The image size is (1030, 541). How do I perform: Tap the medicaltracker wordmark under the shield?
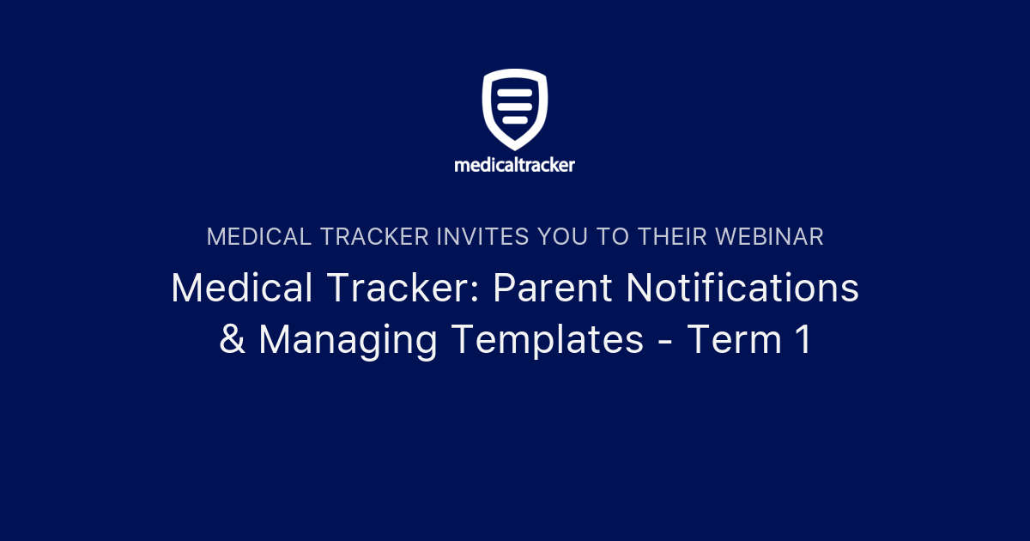click(x=515, y=164)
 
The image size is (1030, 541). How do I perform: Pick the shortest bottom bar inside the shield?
click(x=514, y=119)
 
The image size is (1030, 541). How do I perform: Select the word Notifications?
click(x=742, y=289)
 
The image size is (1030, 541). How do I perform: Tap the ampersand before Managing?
click(x=232, y=340)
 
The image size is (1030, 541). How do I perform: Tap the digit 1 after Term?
click(x=802, y=340)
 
